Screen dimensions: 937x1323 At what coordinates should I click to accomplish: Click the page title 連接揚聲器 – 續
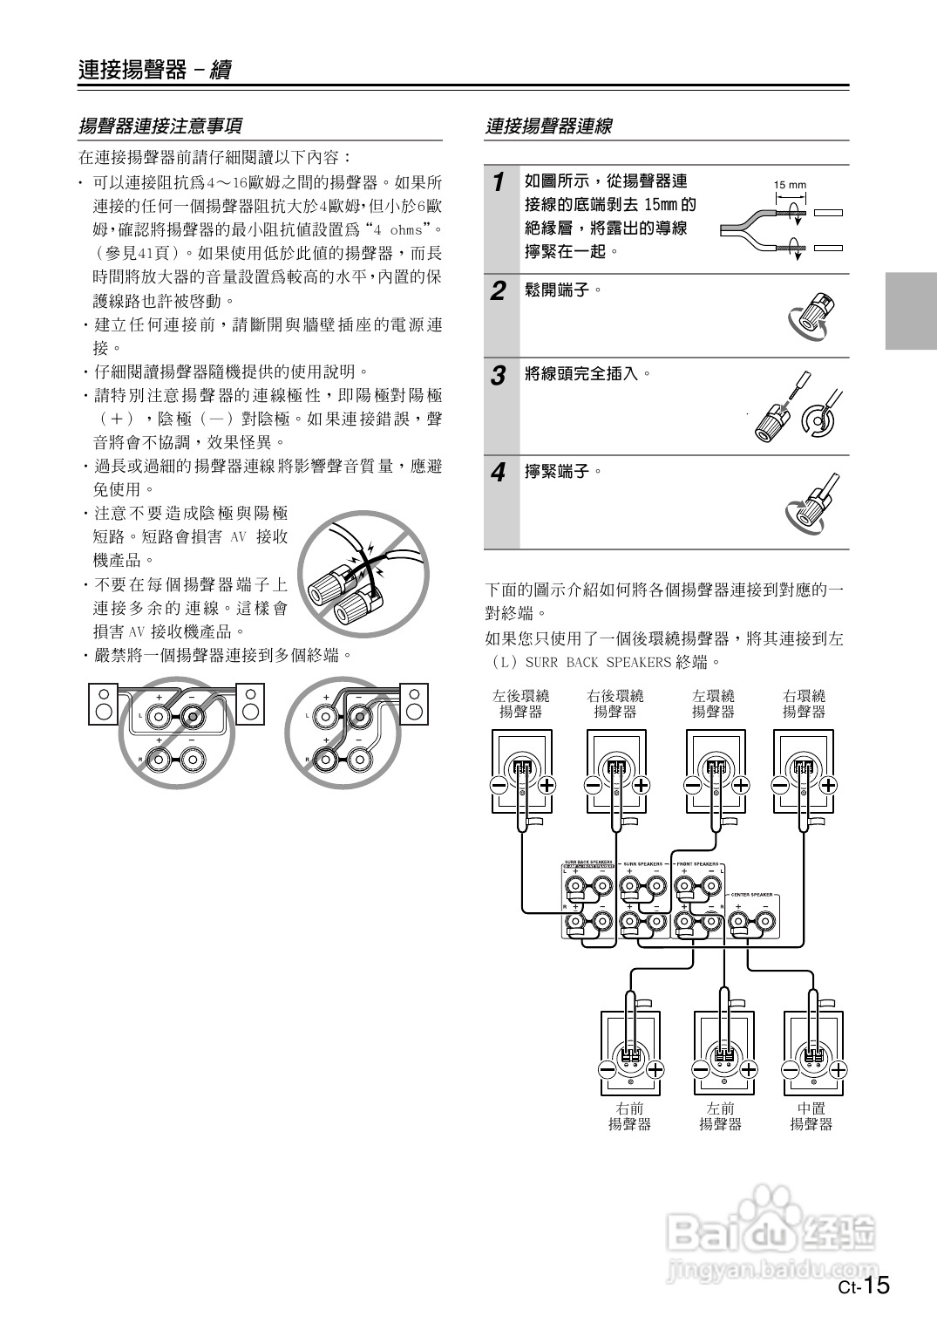[x=154, y=70]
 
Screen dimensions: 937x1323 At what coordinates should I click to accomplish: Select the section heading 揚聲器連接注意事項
[x=160, y=126]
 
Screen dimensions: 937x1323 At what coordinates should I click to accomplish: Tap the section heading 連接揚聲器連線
[x=549, y=126]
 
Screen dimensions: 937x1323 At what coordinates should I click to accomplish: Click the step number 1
[x=498, y=182]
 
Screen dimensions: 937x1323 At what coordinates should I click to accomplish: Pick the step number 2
[x=498, y=291]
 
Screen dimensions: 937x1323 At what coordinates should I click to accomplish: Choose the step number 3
[x=498, y=376]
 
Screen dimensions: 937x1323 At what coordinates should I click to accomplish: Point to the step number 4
[x=498, y=474]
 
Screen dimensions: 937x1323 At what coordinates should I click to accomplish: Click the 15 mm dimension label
[x=790, y=185]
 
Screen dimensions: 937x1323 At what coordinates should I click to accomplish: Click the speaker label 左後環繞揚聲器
[x=520, y=704]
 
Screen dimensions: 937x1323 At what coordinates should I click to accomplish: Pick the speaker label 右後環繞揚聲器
[x=614, y=704]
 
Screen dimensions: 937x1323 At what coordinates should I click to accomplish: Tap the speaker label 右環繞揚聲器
[x=804, y=704]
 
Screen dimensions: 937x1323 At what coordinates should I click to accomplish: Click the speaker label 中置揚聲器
[x=811, y=1116]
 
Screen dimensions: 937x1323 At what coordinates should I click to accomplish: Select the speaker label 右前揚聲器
[x=629, y=1116]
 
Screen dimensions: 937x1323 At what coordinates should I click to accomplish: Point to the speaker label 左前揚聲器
[x=720, y=1116]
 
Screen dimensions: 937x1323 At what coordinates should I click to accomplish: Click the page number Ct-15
[x=863, y=1286]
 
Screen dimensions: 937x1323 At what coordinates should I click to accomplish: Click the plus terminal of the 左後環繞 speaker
[x=547, y=784]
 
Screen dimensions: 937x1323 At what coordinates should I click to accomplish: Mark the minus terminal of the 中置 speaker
[x=791, y=1069]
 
